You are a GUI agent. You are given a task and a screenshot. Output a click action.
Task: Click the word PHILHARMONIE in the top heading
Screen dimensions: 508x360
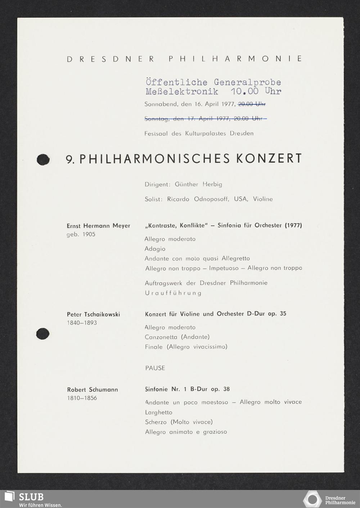pos(235,59)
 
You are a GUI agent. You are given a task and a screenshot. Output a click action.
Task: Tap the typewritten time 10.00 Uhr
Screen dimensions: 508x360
pos(256,91)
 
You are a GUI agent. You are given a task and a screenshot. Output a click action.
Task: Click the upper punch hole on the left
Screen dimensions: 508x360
pos(43,159)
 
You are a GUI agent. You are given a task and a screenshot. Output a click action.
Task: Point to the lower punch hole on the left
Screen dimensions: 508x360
pos(42,334)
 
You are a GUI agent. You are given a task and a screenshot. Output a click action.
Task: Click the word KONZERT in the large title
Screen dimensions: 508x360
pos(269,159)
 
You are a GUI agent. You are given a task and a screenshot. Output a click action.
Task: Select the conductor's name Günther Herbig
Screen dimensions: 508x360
pos(198,184)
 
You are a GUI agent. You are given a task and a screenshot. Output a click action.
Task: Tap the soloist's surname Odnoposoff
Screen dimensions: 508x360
pos(211,199)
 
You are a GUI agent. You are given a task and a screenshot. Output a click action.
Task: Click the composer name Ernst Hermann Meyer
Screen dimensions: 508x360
pos(98,226)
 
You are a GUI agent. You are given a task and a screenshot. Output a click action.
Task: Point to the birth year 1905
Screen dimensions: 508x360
pos(88,234)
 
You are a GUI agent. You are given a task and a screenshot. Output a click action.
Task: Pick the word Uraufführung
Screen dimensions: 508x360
pos(173,293)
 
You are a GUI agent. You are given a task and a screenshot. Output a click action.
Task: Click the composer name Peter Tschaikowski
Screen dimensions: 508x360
pos(93,314)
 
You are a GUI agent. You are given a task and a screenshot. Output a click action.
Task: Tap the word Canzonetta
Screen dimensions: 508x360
pos(161,337)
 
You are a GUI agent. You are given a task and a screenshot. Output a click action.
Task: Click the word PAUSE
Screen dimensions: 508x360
pos(155,368)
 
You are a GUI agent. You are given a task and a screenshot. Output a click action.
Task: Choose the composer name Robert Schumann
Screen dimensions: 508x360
pos(93,390)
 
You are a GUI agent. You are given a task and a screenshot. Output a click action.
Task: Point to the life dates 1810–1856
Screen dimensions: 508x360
pos(82,398)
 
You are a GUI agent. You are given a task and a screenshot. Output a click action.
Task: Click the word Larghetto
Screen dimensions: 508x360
pos(158,412)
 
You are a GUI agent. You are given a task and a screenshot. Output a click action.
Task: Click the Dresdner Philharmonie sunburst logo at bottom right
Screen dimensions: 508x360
pos(312,499)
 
